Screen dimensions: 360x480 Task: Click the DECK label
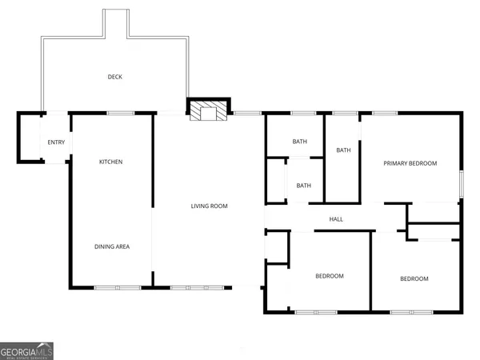point(115,77)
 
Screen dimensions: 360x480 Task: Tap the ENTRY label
point(56,142)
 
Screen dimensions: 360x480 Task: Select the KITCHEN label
point(110,162)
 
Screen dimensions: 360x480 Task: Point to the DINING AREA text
point(112,246)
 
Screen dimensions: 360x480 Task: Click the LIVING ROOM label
point(209,206)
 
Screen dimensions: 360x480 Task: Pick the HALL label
point(336,219)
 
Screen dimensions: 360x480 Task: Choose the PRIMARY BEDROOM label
point(410,164)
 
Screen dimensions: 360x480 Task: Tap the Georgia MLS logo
point(27,351)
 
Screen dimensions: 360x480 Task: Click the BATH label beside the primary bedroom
point(343,150)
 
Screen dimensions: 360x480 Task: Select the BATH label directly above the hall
point(304,186)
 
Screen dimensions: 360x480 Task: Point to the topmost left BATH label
point(299,142)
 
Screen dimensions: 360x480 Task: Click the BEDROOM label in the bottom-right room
point(414,278)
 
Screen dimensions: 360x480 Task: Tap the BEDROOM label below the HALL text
point(329,276)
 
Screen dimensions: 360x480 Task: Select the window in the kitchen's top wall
point(120,113)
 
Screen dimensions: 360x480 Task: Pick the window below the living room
point(194,286)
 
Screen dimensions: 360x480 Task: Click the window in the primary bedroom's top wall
point(384,113)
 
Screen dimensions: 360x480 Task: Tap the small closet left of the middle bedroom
point(276,248)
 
